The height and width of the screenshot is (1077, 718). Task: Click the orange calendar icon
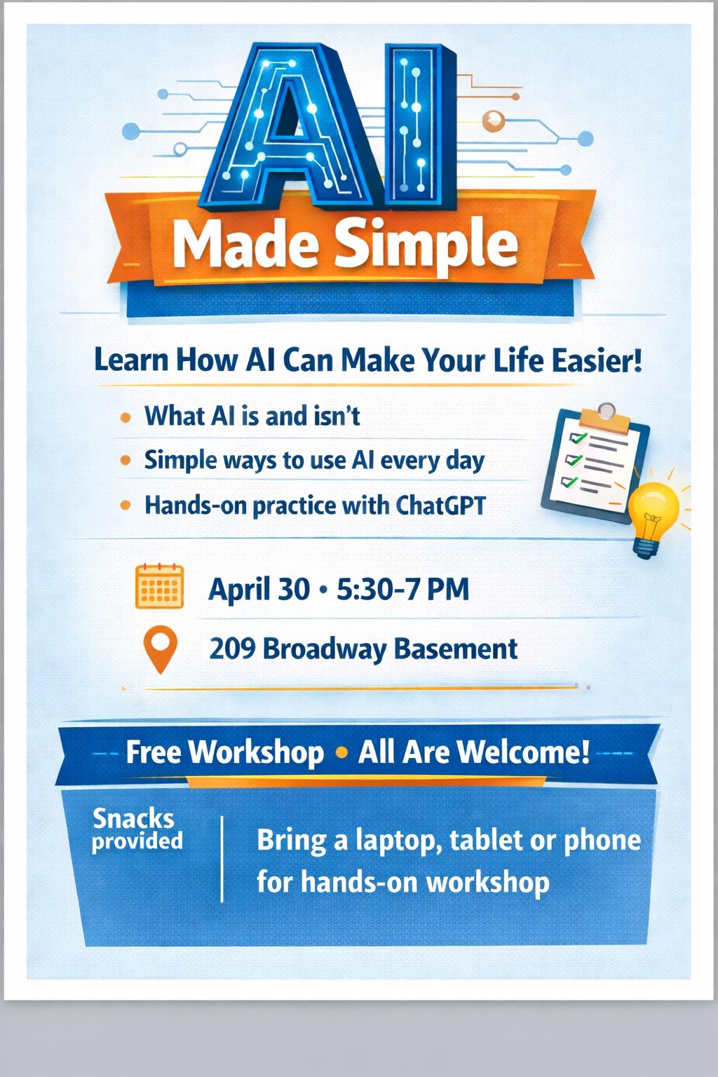[x=159, y=586]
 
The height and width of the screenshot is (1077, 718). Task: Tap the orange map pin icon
[x=160, y=649]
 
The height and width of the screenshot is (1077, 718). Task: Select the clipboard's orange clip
[x=605, y=419]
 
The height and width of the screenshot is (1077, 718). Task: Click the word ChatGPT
[x=440, y=506]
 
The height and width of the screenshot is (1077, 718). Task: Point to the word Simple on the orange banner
[x=426, y=244]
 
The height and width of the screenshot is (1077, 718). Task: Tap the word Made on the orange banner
[x=245, y=243]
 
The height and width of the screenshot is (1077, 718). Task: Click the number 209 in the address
[x=232, y=648]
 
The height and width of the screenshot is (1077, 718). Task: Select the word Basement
[x=456, y=648]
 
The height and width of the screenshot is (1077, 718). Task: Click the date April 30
[x=259, y=590]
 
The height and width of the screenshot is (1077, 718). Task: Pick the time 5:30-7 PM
[x=402, y=589]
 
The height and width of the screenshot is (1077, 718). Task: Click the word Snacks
[x=133, y=818]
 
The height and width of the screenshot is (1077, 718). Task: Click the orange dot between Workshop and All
[x=341, y=752]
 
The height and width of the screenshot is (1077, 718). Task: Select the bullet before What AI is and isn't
[x=126, y=417]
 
